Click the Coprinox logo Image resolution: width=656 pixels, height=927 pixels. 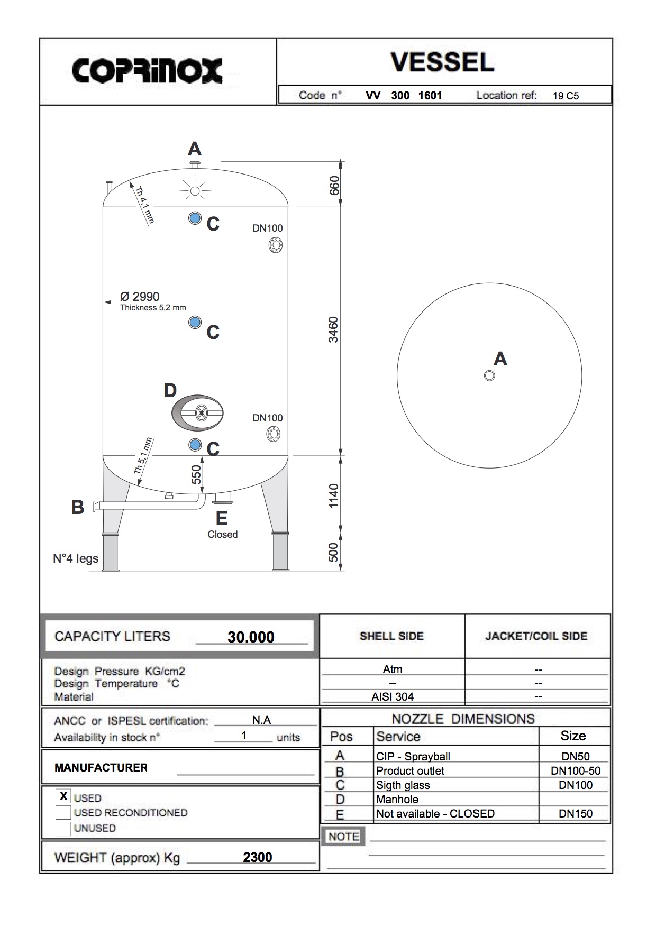147,71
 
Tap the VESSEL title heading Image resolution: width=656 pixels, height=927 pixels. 442,62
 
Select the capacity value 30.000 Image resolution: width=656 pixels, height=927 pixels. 251,637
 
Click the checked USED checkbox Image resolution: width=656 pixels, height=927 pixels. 63,796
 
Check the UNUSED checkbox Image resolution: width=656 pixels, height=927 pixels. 63,828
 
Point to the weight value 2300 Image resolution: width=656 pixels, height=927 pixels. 257,857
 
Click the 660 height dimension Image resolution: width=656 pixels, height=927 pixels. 334,185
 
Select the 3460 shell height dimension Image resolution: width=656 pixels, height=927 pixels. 333,329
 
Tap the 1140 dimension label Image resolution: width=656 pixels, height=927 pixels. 333,495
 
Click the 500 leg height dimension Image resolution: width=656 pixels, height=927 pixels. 333,552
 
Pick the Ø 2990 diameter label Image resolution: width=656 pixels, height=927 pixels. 140,297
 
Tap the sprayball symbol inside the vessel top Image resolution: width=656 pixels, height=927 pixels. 195,191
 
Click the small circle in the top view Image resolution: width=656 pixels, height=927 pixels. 489,375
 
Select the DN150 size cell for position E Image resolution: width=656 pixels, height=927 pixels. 575,814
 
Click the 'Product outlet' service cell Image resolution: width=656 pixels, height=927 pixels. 410,771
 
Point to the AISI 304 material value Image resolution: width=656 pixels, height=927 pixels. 393,697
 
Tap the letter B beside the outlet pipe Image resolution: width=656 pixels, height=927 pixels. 78,508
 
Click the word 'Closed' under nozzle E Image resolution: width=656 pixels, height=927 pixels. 222,535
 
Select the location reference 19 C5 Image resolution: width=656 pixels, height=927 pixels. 566,96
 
